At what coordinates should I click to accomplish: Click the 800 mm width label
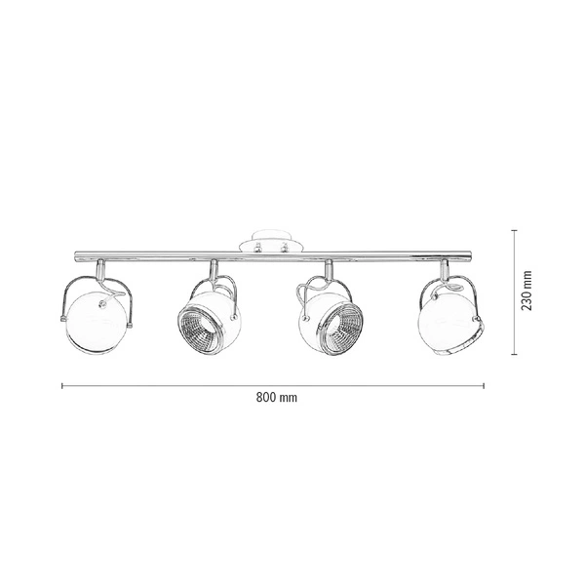pyautogui.click(x=276, y=398)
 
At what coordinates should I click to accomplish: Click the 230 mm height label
pyautogui.click(x=527, y=290)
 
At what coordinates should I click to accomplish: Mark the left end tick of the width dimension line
pyautogui.click(x=62, y=386)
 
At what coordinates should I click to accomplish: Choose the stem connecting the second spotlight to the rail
pyautogui.click(x=213, y=270)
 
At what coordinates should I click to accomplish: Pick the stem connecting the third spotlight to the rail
pyautogui.click(x=329, y=270)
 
